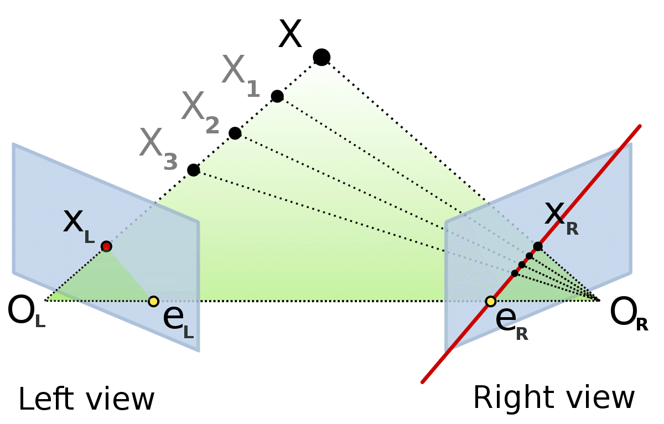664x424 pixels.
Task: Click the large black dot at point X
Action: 321,56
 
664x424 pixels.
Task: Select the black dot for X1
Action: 277,96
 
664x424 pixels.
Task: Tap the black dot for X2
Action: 235,133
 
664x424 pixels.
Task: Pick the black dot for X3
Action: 193,170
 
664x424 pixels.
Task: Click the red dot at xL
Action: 106,246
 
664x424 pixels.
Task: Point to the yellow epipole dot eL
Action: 153,301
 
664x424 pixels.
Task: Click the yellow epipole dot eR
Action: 490,301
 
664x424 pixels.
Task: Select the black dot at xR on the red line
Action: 538,246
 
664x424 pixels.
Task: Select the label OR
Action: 629,316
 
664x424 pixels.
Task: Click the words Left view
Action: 86,400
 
